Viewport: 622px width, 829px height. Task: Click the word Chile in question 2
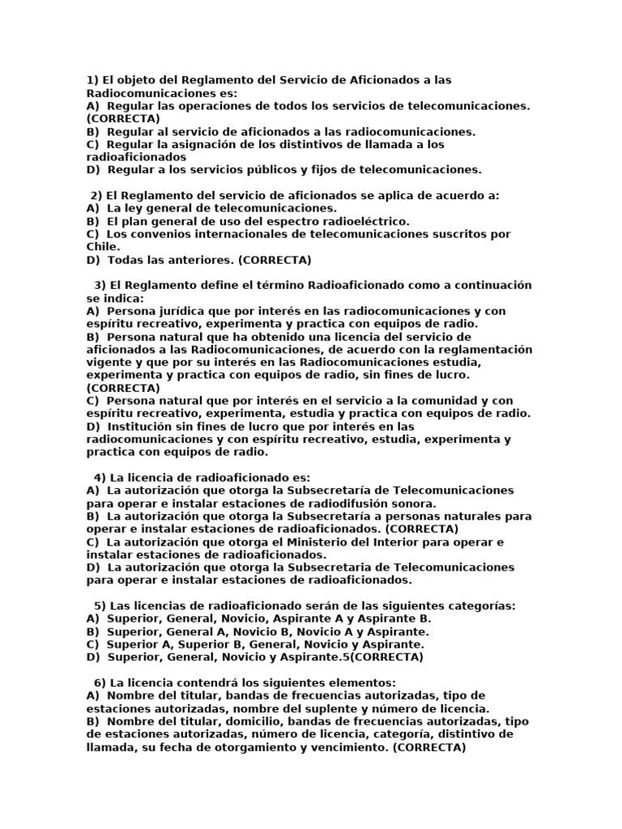[101, 247]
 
